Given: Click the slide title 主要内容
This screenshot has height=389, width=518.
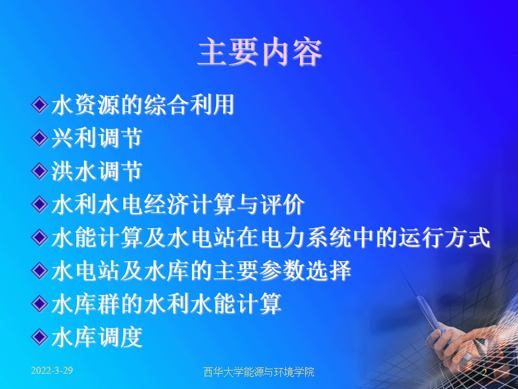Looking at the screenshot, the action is [260, 52].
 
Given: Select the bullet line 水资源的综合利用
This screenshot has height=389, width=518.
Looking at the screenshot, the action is [143, 105].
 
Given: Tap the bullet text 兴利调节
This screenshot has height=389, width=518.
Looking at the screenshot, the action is [97, 138].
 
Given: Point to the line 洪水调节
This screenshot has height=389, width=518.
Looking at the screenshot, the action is [97, 171].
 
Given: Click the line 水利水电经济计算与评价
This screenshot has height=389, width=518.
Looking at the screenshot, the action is [178, 204].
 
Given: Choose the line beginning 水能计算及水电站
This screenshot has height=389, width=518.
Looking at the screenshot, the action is [271, 237].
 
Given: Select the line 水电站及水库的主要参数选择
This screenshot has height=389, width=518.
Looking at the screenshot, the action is [201, 271].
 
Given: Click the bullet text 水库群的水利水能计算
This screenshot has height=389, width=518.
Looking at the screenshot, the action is [166, 304].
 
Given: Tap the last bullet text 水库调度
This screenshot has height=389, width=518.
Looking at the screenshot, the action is [97, 337].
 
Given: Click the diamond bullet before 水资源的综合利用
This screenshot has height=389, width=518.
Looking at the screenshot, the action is [39, 105].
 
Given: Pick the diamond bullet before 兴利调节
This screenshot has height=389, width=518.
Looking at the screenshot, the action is [39, 138].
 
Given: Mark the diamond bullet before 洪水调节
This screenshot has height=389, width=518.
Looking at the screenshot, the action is [39, 171].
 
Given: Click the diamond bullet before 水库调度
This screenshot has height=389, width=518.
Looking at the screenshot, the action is [39, 337].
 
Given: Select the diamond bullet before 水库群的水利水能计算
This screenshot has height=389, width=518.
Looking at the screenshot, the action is [39, 304].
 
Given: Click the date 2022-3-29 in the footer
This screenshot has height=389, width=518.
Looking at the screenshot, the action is [52, 371].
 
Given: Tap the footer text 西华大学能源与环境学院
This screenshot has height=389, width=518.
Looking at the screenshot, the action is [259, 372].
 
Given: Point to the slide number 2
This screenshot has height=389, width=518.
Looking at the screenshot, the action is [484, 372].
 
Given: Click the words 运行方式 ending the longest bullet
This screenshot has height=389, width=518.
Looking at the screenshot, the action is [444, 237].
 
